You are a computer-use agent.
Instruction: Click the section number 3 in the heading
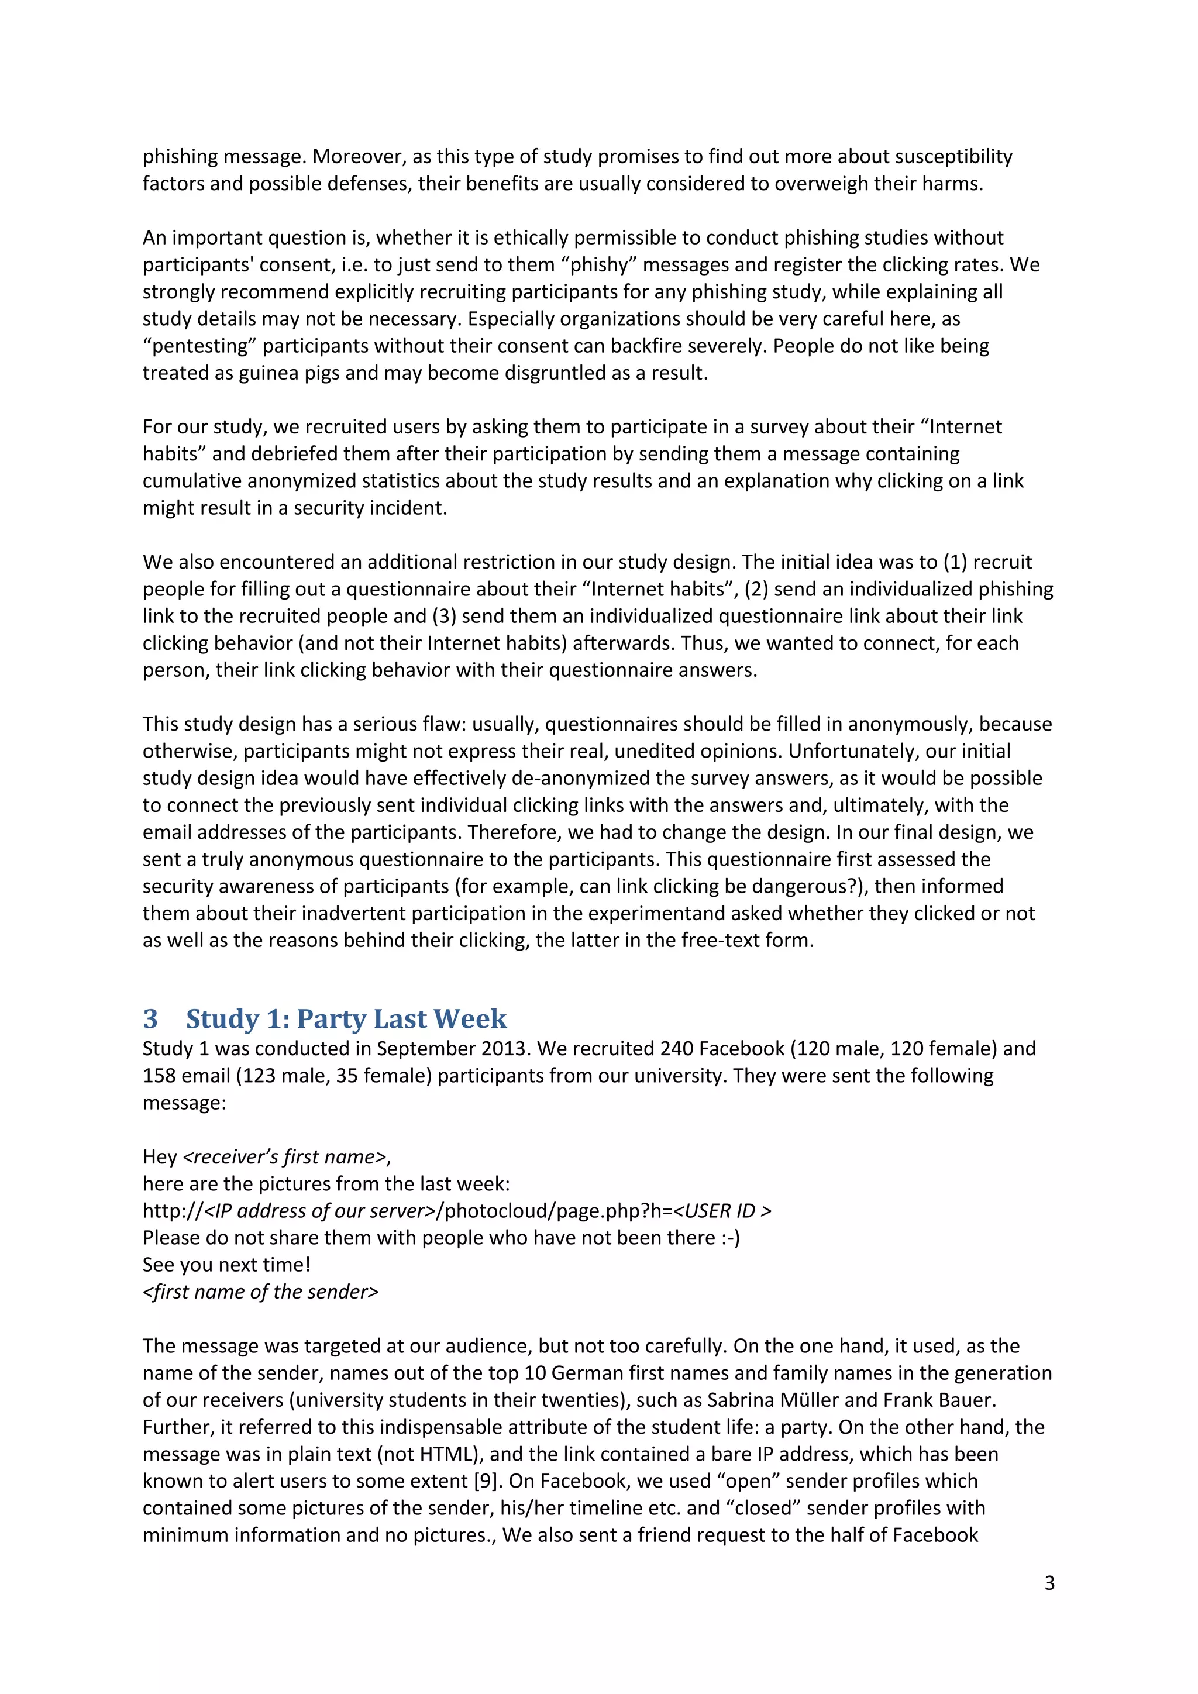click(150, 1019)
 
